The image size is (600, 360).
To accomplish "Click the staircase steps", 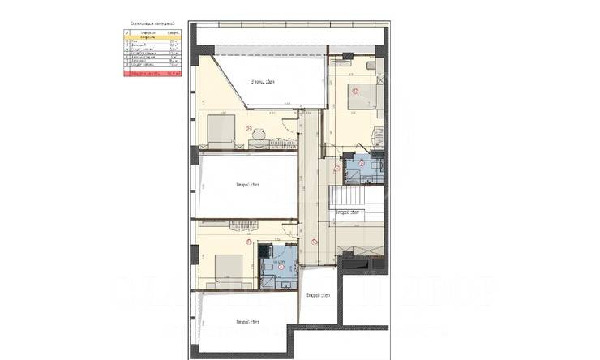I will [357, 196].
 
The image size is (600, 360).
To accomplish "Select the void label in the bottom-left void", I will [246, 322].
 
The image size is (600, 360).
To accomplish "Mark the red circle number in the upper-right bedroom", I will [354, 89].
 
